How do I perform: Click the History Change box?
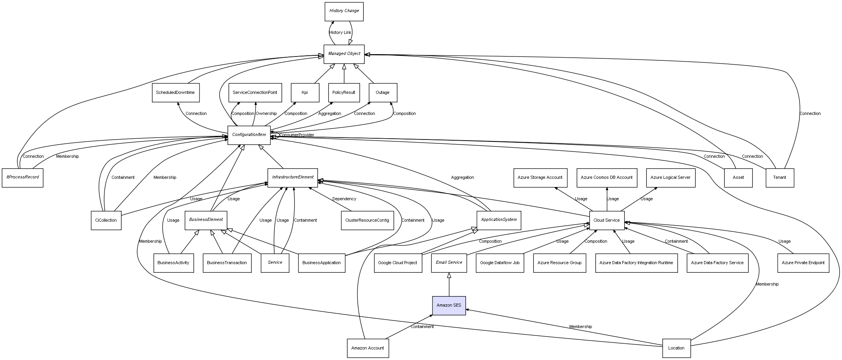coord(344,11)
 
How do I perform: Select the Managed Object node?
coord(344,54)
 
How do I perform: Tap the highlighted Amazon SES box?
coord(449,305)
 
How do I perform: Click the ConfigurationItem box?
coord(249,135)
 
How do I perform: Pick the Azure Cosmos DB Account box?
coord(606,178)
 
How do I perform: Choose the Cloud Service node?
coord(606,221)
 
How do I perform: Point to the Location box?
coord(676,348)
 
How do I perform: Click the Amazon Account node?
coord(367,348)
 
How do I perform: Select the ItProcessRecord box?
coord(23,177)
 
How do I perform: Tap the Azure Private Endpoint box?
coord(803,263)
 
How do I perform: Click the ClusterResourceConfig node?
coord(367,221)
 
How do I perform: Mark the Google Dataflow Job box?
coord(500,263)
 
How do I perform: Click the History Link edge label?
coord(340,33)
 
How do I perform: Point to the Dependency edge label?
coord(344,199)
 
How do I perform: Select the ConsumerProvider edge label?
coord(297,135)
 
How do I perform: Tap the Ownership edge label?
coord(266,114)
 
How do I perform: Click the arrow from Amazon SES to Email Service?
coord(449,284)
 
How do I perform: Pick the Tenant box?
coord(779,178)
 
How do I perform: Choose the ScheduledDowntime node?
coord(175,93)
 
